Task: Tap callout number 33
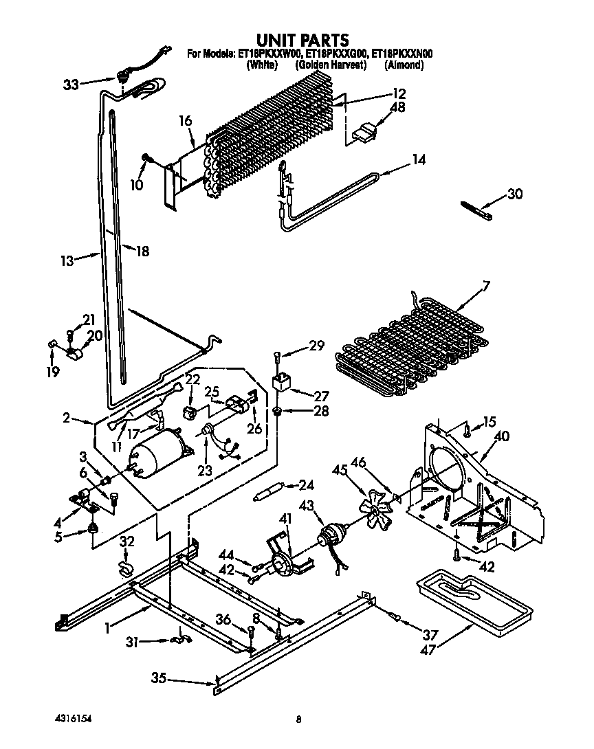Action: (71, 85)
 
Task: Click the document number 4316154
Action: (73, 718)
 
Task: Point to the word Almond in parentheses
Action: (404, 65)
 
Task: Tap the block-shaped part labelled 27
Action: (280, 382)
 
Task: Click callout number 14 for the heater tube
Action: (418, 160)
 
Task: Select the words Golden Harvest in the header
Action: (329, 65)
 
